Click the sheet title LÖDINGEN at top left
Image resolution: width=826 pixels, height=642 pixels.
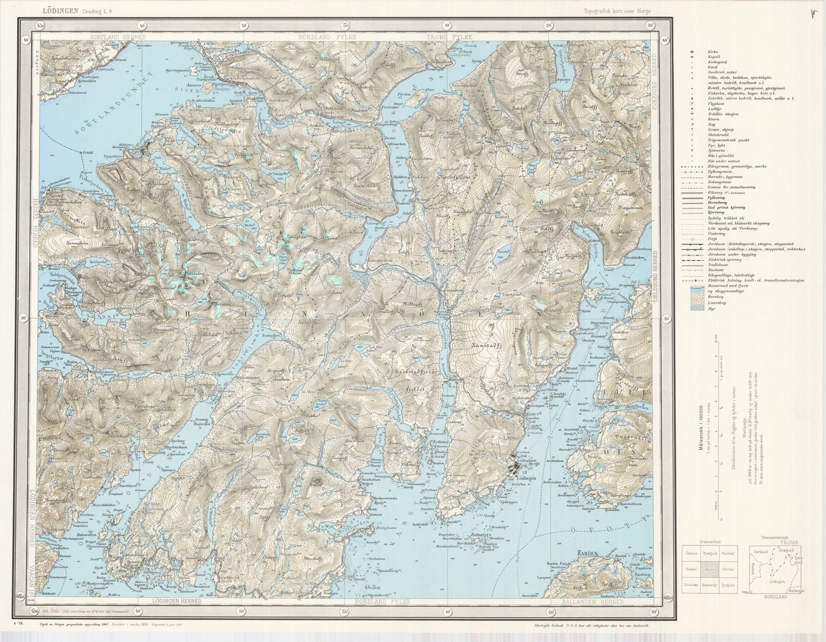[x=61, y=10]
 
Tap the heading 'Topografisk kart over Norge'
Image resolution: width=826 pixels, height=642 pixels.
[x=617, y=11]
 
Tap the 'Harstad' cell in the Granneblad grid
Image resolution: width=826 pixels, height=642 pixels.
[x=727, y=553]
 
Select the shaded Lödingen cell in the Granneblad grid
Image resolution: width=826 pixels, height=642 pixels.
[x=709, y=569]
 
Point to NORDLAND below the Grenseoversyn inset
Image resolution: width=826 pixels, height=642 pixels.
[x=775, y=596]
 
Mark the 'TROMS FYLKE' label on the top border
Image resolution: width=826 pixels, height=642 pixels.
[x=449, y=37]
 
